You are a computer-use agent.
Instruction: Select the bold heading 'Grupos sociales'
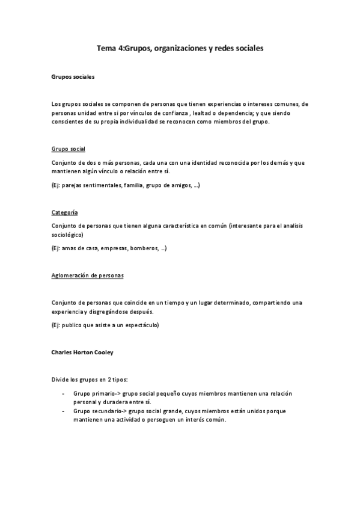tap(72, 77)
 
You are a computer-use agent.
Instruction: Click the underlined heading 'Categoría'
tap(64, 212)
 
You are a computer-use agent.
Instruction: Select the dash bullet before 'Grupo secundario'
tap(64, 411)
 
